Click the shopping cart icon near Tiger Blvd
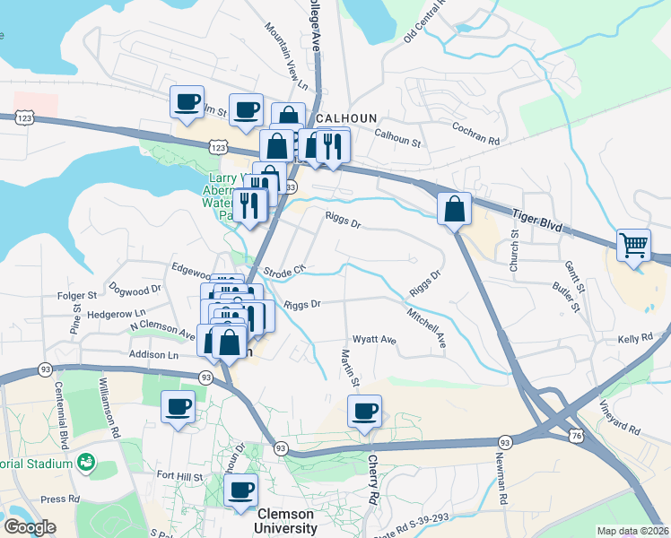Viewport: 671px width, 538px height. (633, 245)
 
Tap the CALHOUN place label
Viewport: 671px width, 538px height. (345, 118)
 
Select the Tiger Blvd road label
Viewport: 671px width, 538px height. (538, 220)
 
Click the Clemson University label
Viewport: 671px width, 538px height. (286, 521)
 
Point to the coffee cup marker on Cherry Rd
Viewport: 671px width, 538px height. (364, 412)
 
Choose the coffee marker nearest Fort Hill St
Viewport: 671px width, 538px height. (240, 490)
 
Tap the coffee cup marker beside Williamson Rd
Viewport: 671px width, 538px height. (178, 407)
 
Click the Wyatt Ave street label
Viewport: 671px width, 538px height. (374, 340)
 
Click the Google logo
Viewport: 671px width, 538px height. (30, 526)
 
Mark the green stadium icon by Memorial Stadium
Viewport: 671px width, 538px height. (87, 463)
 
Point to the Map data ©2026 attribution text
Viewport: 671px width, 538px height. (632, 531)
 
